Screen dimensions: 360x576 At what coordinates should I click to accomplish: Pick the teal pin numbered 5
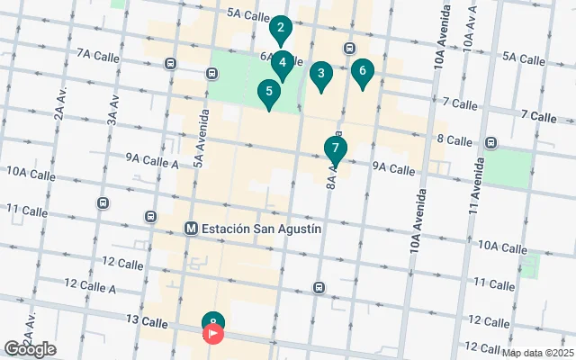tap(268, 93)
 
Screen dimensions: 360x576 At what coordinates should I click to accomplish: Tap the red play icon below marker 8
tap(213, 334)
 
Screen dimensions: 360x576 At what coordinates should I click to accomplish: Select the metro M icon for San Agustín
tap(191, 229)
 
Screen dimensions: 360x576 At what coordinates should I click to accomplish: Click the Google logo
tap(30, 348)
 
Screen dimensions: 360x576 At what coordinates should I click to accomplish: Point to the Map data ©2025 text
tap(537, 353)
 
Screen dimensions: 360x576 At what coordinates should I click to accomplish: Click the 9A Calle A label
tap(152, 159)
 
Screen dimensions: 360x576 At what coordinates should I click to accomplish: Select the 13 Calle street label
tap(148, 321)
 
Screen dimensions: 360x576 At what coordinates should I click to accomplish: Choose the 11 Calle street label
tap(26, 211)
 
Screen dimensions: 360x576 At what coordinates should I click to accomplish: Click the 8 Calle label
tap(454, 140)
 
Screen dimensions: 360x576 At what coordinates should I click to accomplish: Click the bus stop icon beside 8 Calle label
tap(491, 142)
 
